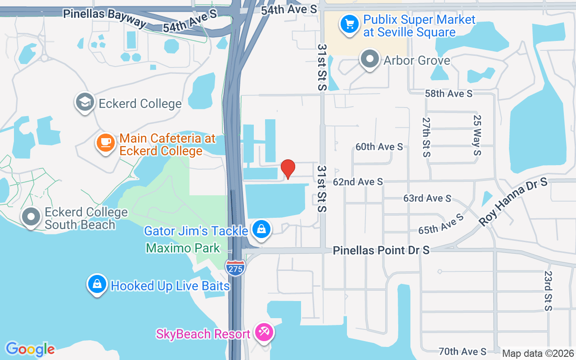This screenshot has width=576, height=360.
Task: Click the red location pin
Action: [x=288, y=169]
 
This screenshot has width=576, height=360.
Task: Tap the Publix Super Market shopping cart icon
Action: [x=350, y=23]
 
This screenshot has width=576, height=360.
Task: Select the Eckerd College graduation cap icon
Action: [x=85, y=102]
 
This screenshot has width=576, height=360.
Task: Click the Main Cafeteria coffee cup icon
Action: [x=106, y=143]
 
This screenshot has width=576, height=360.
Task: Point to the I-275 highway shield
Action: [x=235, y=268]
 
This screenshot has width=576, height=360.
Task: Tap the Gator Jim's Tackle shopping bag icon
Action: [x=261, y=229]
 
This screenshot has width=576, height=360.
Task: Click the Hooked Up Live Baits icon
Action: [x=97, y=284]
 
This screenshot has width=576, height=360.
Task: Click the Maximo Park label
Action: [x=183, y=248]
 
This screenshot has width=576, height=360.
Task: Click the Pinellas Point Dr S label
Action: [x=381, y=250]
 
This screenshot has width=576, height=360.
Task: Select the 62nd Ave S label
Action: [x=358, y=182]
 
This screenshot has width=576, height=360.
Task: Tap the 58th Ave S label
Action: [x=449, y=94]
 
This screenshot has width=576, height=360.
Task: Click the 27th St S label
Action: [x=426, y=137]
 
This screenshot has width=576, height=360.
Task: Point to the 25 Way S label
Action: [x=477, y=135]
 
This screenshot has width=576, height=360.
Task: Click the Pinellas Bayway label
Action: [x=104, y=18]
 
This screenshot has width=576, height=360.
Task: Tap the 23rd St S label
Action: [x=548, y=291]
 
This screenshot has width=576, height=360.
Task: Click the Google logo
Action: [x=30, y=349]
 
